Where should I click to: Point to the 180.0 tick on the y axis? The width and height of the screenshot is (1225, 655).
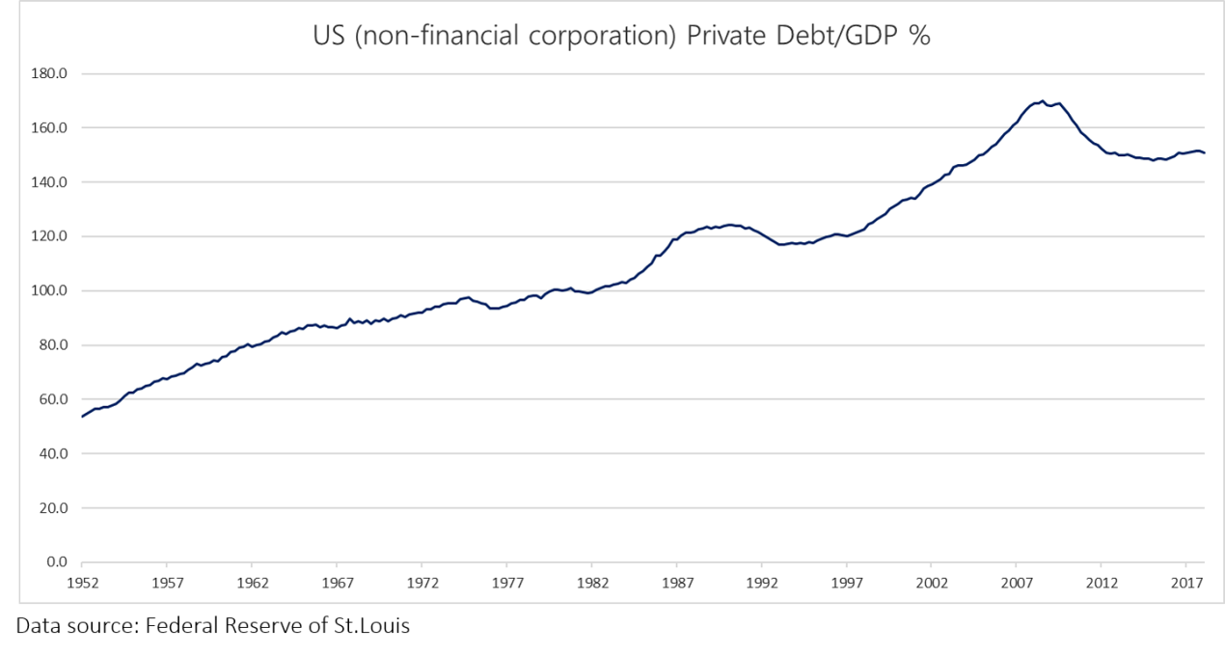48,74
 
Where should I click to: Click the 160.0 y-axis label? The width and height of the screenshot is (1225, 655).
48,128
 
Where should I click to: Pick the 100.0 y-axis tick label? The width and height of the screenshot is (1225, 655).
48,291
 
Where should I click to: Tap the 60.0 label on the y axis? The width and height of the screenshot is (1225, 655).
51,399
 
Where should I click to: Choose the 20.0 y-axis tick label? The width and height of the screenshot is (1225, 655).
51,508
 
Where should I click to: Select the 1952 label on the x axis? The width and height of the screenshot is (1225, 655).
82,584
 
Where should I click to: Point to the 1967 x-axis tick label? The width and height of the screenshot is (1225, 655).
337,584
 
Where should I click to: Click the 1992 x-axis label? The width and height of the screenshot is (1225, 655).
761,584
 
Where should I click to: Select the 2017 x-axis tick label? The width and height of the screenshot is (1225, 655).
1185,584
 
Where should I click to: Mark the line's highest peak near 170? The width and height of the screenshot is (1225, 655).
1042,100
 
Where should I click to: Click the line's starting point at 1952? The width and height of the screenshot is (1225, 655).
83,416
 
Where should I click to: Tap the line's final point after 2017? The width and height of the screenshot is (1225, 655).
1205,153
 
